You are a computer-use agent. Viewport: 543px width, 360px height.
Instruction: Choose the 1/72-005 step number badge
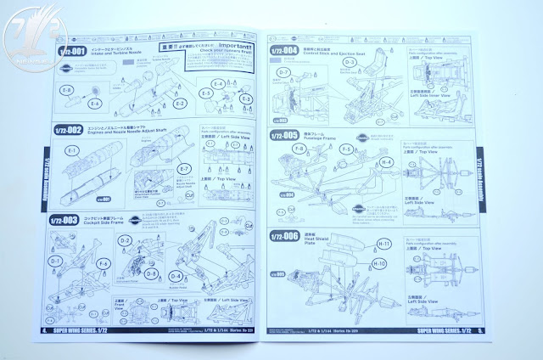point(284,135)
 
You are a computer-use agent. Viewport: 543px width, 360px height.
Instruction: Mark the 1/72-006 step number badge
point(284,235)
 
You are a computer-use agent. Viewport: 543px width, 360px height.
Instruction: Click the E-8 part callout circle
point(68,90)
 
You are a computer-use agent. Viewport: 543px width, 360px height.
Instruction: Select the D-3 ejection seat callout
point(350,62)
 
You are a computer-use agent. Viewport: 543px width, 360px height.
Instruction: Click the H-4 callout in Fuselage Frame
point(386,161)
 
